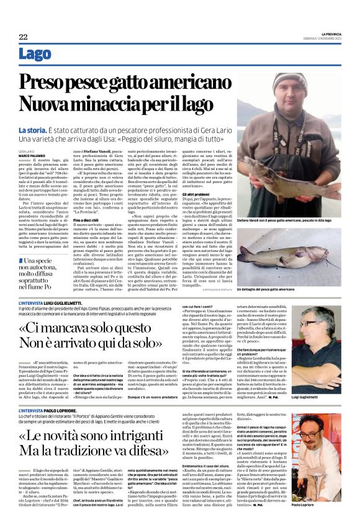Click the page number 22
coord(23,37)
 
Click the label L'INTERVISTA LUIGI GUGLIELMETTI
coord(50,302)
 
